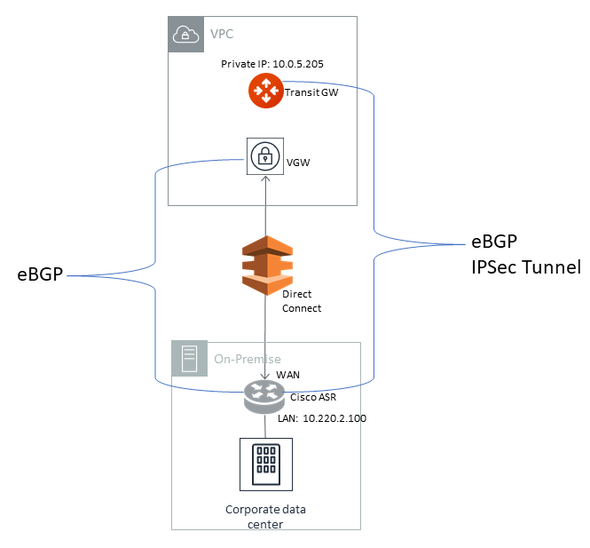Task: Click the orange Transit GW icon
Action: tap(264, 91)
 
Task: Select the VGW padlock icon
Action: tap(264, 157)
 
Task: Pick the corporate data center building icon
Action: tap(266, 464)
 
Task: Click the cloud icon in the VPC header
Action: tap(185, 34)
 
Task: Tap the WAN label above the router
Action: tap(287, 375)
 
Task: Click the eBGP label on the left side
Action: tap(40, 274)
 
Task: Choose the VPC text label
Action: tap(223, 35)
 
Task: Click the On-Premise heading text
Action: tap(247, 360)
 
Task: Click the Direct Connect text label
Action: tap(302, 301)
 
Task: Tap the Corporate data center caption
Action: tap(265, 517)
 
